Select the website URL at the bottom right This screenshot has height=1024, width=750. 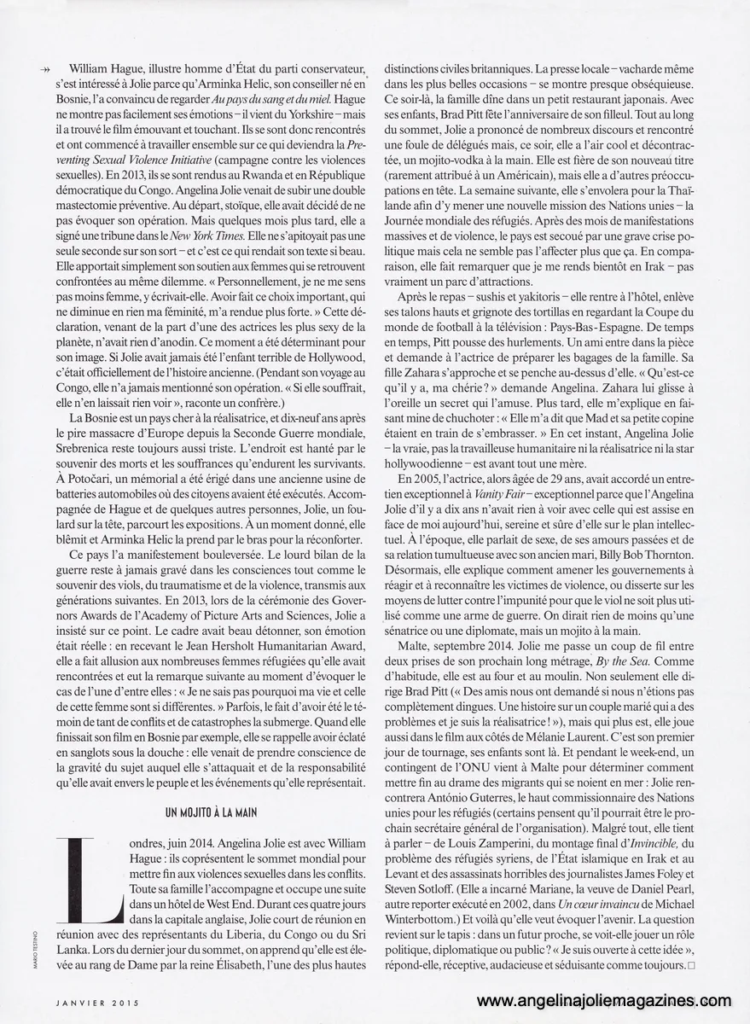605,1001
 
